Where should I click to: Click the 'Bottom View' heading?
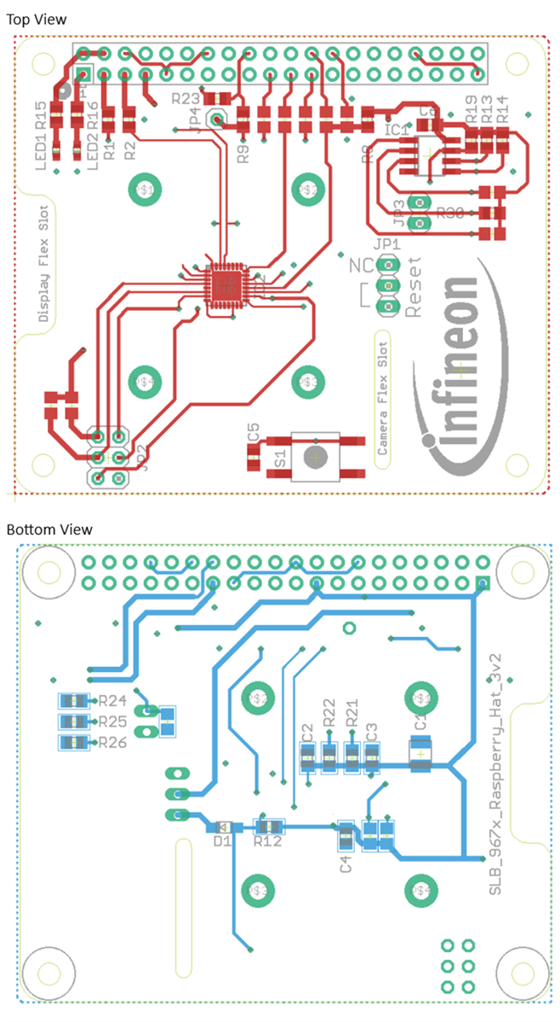tap(49, 530)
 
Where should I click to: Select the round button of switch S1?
tap(316, 457)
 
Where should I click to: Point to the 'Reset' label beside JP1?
tap(414, 290)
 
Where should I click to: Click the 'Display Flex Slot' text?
tap(43, 264)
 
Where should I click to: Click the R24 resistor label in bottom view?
tap(112, 702)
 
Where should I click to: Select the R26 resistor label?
tap(112, 743)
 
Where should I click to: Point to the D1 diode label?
tap(223, 841)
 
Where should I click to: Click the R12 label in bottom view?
tap(268, 841)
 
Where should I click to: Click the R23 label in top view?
tap(186, 99)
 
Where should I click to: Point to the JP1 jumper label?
tap(387, 245)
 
